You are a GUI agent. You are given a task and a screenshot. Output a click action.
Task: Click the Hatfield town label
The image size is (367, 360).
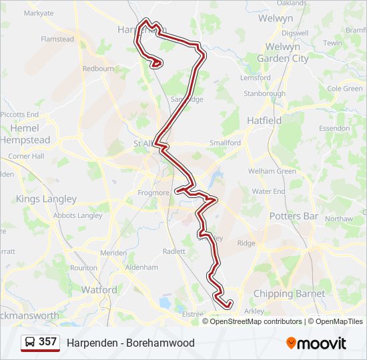click(x=264, y=121)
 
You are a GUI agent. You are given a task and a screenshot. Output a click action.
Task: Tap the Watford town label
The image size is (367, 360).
click(x=99, y=290)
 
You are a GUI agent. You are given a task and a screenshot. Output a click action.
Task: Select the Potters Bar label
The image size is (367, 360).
click(x=294, y=216)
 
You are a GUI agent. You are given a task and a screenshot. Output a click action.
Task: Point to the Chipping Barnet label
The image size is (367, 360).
click(x=289, y=293)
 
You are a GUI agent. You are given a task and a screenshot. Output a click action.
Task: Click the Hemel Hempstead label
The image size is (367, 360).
click(x=25, y=134)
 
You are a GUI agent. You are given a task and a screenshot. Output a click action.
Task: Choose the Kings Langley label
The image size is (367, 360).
click(x=46, y=199)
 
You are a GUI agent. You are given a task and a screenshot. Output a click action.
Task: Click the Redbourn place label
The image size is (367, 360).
click(x=99, y=69)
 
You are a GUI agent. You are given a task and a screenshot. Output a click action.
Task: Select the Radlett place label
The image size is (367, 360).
click(x=174, y=251)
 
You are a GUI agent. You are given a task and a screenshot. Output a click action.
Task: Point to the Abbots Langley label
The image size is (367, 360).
click(x=78, y=215)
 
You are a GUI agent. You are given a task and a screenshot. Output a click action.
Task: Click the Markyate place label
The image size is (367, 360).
click(x=39, y=13)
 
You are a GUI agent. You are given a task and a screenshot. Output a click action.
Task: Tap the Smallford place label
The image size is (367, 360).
click(x=225, y=143)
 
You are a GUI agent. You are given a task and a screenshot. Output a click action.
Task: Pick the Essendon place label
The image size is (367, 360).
click(x=334, y=128)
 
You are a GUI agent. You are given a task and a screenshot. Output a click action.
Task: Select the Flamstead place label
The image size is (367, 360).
click(x=57, y=39)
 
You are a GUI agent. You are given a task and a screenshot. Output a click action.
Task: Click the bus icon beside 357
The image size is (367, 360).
click(x=30, y=342)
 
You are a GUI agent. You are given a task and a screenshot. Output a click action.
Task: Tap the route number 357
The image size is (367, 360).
click(x=47, y=342)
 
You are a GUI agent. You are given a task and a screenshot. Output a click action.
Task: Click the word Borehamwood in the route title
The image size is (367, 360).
click(x=162, y=343)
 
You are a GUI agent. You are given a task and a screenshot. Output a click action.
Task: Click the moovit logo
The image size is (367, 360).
click(x=316, y=343)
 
